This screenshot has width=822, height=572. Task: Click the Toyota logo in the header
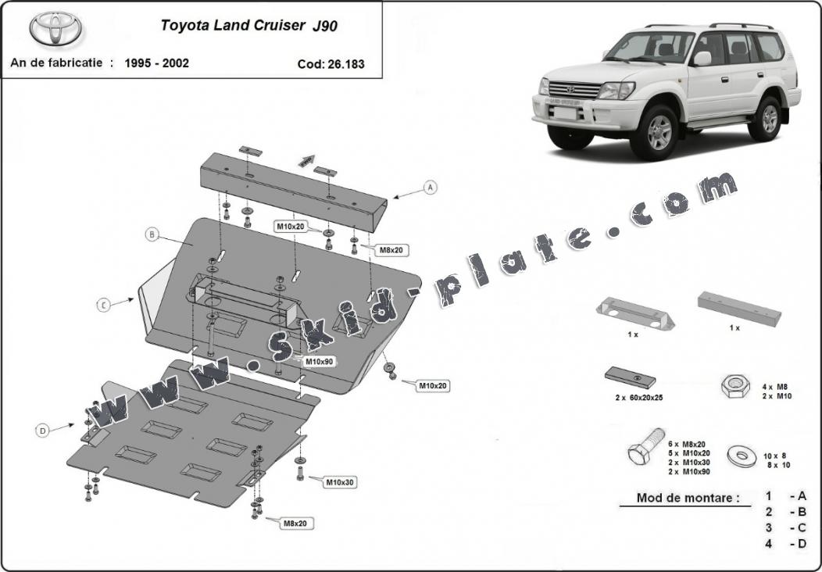coord(56,29)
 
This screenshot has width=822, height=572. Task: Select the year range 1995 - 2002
coord(156,63)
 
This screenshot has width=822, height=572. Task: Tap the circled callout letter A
coord(429,188)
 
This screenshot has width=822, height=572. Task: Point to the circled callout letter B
coord(152,234)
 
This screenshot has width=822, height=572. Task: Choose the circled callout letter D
coord(42,429)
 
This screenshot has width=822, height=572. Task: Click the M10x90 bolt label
coord(319,362)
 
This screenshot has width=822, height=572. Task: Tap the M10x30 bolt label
coord(340,482)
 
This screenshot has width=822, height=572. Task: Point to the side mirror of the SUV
coord(702,59)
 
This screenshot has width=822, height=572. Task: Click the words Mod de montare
coord(688,498)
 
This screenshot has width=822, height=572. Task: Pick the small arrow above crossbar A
coord(305,160)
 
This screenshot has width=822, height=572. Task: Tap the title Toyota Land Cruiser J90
coord(249,24)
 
